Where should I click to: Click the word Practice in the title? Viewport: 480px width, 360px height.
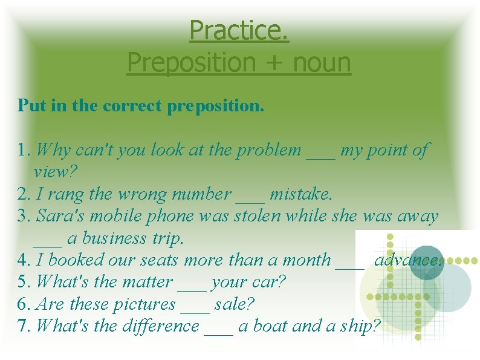pyautogui.click(x=239, y=30)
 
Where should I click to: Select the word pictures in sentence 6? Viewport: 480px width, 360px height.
pyautogui.click(x=144, y=304)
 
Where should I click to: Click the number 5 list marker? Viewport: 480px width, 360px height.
pyautogui.click(x=24, y=283)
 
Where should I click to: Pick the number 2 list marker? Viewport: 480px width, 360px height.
pyautogui.click(x=24, y=195)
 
